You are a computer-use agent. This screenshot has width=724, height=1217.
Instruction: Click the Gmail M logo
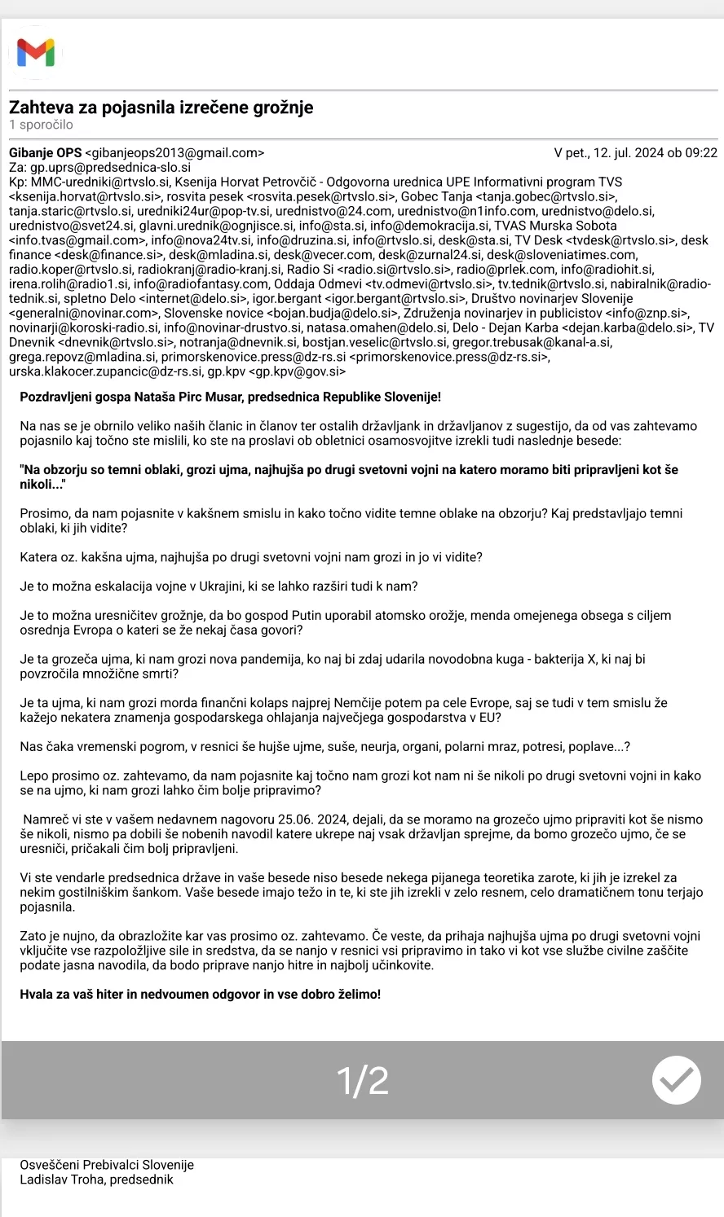point(36,53)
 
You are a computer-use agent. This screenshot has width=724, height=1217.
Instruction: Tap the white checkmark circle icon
point(676,1080)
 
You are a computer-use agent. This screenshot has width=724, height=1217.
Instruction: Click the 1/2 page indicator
point(363,1080)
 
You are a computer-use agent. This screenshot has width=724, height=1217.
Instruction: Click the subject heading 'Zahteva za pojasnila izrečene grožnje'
point(161,108)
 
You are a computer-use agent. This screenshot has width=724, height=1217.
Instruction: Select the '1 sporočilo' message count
point(41,125)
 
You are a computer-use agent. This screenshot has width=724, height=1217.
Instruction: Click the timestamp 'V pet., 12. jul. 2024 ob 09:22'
point(635,152)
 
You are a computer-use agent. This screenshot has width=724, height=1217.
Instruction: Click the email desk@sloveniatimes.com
point(562,255)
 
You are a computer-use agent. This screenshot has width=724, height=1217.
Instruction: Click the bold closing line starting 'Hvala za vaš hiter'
point(200,994)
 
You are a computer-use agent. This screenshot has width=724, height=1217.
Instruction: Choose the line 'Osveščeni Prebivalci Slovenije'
point(107,1165)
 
